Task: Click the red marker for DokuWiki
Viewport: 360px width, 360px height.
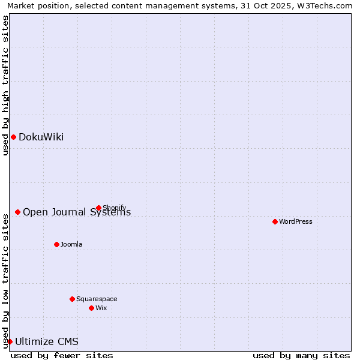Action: pyautogui.click(x=13, y=137)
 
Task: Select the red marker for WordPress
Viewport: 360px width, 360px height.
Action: pyautogui.click(x=275, y=221)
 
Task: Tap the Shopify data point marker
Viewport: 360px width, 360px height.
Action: pyautogui.click(x=98, y=208)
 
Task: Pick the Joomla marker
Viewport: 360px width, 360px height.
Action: pyautogui.click(x=56, y=244)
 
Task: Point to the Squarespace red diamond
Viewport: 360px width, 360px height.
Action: pyautogui.click(x=72, y=299)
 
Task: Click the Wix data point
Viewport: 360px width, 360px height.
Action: pyautogui.click(x=91, y=308)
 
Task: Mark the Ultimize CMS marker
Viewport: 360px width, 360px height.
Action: pyautogui.click(x=10, y=341)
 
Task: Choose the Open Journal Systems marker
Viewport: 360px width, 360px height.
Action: pyautogui.click(x=17, y=212)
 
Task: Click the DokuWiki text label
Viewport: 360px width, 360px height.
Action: pyautogui.click(x=41, y=137)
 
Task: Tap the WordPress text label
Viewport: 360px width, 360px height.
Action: pyautogui.click(x=296, y=221)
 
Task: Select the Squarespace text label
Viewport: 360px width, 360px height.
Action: pyautogui.click(x=97, y=299)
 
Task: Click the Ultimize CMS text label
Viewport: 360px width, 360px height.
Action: pyautogui.click(x=47, y=342)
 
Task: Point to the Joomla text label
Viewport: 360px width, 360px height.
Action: pyautogui.click(x=71, y=244)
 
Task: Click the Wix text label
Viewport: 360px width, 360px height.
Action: pyautogui.click(x=101, y=308)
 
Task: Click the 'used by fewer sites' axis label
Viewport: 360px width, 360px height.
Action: pyautogui.click(x=62, y=355)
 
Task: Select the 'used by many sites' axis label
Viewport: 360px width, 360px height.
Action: pyautogui.click(x=301, y=355)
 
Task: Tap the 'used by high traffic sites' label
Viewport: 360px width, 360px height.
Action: pyautogui.click(x=5, y=85)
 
